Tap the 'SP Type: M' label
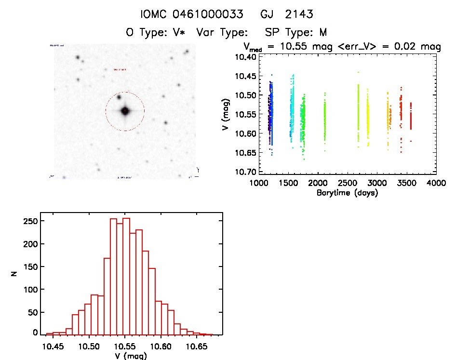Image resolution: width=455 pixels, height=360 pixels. pos(296,33)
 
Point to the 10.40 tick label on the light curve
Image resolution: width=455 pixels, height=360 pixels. pos(244,57)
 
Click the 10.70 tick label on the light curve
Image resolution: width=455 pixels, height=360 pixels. pos(244,172)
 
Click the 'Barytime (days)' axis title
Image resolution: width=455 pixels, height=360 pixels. pos(347,193)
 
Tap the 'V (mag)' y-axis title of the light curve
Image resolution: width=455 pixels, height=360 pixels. pos(226,114)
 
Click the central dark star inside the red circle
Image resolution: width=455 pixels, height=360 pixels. pos(125,111)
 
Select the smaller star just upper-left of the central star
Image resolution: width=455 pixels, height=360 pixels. pos(119,97)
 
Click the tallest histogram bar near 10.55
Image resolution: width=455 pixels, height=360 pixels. pos(126,276)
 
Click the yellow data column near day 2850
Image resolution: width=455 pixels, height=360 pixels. pos(368,118)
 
